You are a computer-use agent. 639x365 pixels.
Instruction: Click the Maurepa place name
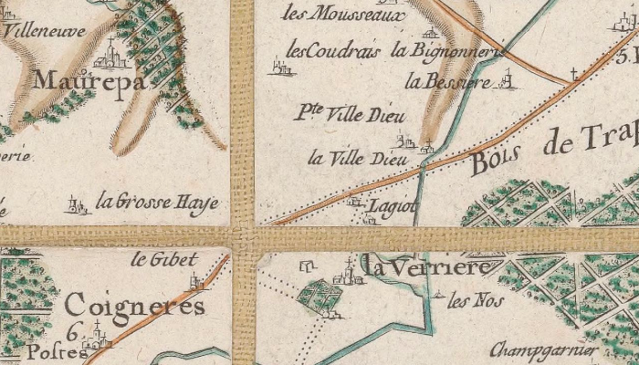(x=89, y=81)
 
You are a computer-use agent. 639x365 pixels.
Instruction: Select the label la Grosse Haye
(x=157, y=202)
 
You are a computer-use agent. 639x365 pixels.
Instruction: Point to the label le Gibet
(x=153, y=259)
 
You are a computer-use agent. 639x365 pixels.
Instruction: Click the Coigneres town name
(x=135, y=306)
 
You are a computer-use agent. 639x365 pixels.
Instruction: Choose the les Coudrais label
(x=333, y=50)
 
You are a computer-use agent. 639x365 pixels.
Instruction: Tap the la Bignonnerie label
(x=446, y=51)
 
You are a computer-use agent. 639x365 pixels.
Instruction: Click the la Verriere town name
(x=431, y=266)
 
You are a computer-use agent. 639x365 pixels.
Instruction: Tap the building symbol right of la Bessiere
(x=508, y=82)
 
